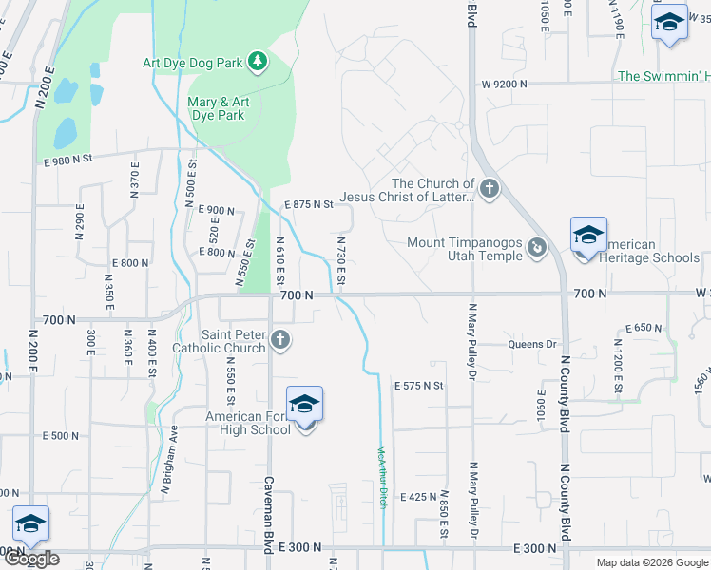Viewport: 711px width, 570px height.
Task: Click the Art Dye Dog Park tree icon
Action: click(x=257, y=63)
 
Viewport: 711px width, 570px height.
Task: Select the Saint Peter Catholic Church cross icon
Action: click(x=279, y=339)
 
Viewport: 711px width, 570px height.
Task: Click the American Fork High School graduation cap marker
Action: click(x=304, y=406)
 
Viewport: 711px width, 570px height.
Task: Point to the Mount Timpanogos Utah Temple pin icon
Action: click(x=537, y=248)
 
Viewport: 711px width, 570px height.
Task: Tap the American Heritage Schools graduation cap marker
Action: click(x=588, y=236)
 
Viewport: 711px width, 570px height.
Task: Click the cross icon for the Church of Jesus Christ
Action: click(x=490, y=189)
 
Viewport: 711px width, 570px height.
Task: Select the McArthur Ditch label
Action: click(x=382, y=477)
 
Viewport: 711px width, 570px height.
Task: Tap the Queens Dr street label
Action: click(x=531, y=344)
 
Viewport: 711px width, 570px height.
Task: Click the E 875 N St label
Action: click(x=310, y=204)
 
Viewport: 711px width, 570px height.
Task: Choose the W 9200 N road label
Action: click(x=504, y=84)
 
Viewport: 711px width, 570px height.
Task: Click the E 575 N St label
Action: click(x=419, y=386)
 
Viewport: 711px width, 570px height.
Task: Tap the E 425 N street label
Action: click(x=417, y=497)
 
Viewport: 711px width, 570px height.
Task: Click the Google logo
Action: click(x=32, y=560)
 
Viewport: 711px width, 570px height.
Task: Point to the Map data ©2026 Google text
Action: click(x=651, y=562)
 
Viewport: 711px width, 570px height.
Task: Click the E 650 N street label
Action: click(x=644, y=328)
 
